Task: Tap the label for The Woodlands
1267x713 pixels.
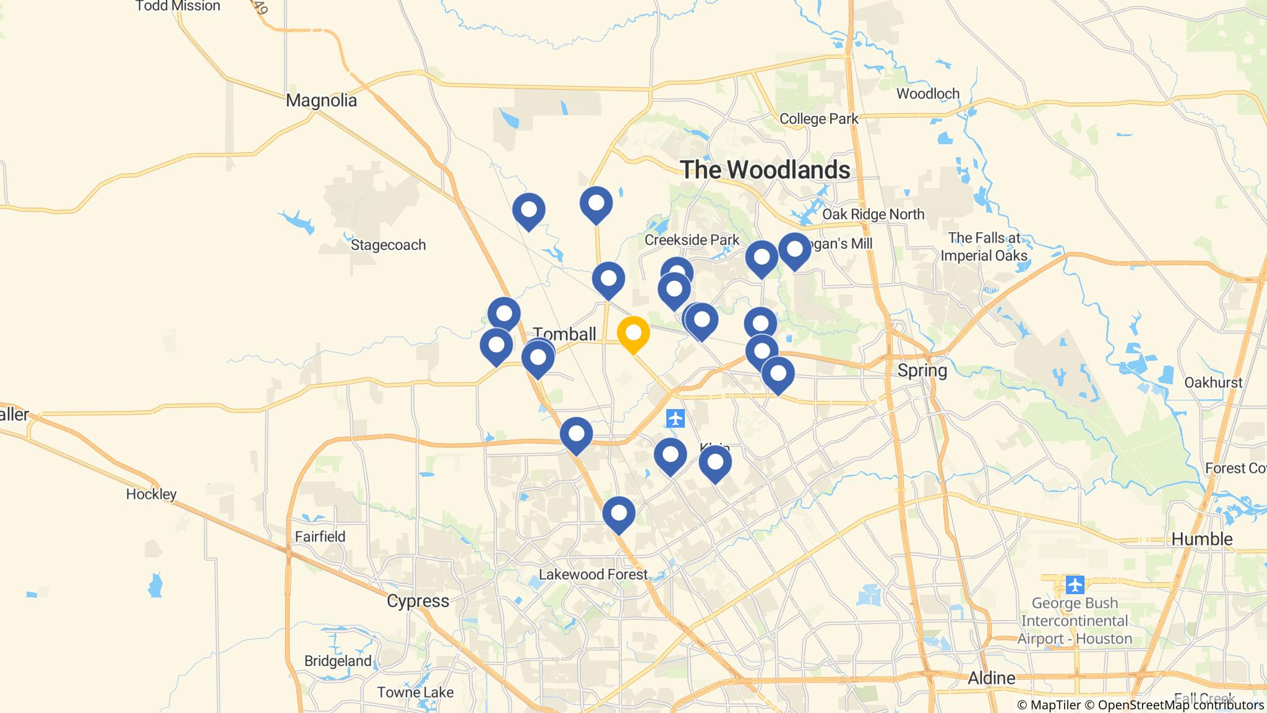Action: [765, 170]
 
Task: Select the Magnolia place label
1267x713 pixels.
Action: [321, 100]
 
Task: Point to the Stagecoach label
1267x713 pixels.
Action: [388, 245]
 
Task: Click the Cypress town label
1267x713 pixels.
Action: [418, 601]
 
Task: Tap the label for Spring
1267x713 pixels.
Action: [922, 371]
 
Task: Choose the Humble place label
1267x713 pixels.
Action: [1201, 539]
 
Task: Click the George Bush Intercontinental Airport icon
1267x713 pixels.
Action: [1075, 584]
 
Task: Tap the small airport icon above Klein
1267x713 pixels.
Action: [676, 418]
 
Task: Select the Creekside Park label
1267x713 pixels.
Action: [692, 240]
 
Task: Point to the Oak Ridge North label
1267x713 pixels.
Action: [873, 214]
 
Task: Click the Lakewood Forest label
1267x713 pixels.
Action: [593, 574]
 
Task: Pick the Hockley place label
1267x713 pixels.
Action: [151, 494]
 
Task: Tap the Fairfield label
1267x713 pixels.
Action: [320, 537]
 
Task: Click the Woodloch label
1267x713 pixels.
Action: [927, 94]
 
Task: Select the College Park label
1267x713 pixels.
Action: [818, 119]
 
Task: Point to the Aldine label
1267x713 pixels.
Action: [991, 678]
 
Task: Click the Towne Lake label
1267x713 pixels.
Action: [415, 693]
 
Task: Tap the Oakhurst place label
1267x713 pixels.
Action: [1213, 382]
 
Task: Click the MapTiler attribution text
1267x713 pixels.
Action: [1049, 705]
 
